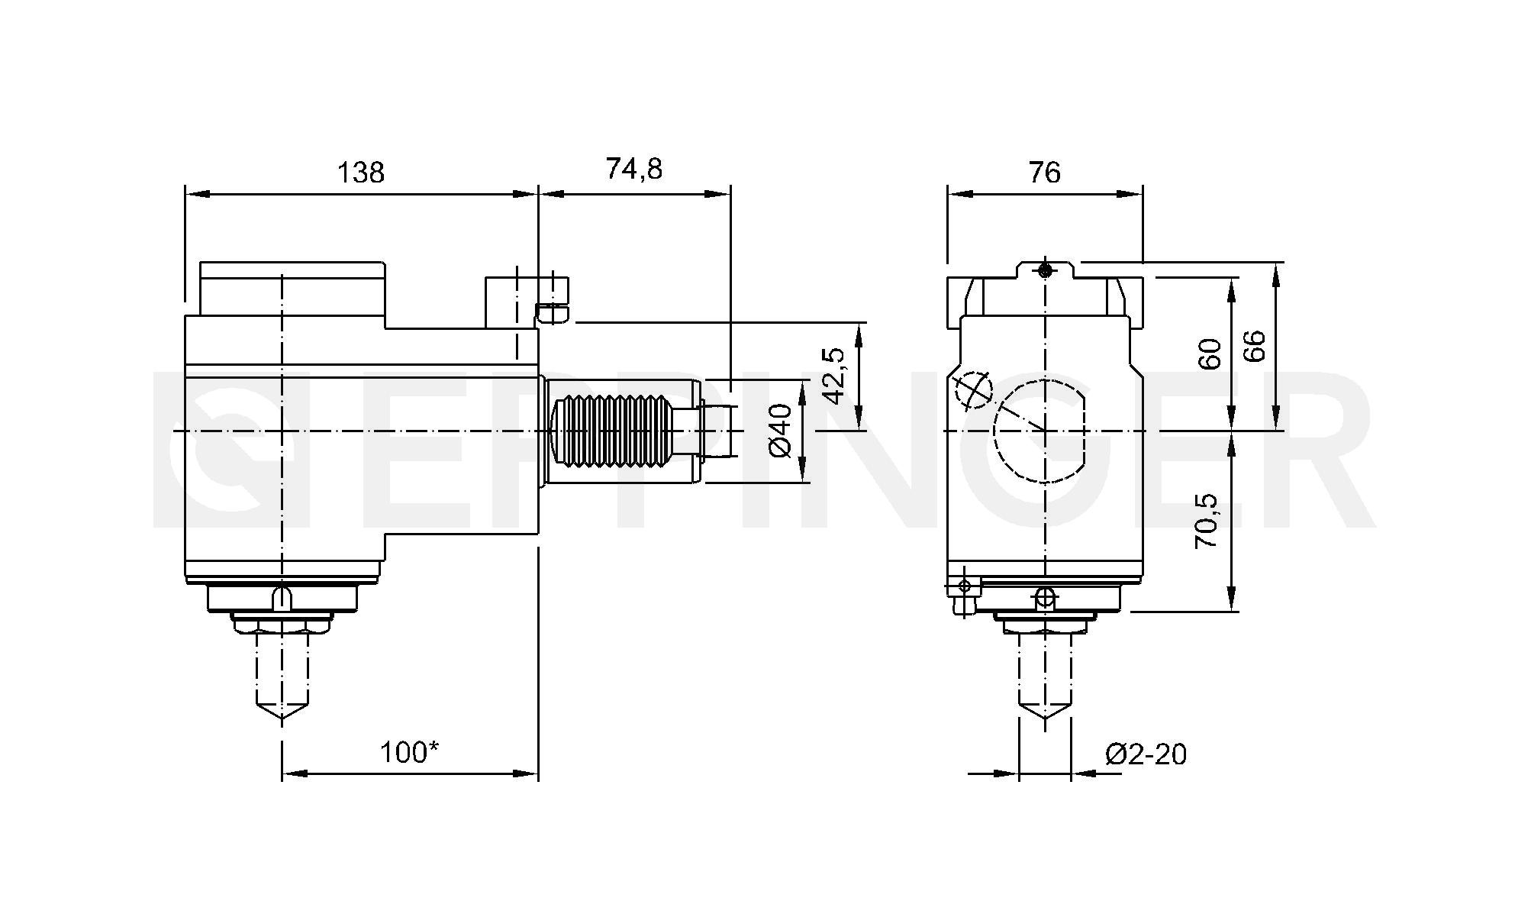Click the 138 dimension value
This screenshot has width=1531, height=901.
coord(361,173)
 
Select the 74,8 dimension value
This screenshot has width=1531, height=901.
coord(633,169)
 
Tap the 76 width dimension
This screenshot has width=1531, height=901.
coord(1044,173)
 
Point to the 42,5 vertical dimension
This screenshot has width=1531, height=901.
coord(834,376)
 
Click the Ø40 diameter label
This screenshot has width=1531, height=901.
coord(781,431)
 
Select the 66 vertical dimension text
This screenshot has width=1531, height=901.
coord(1254,346)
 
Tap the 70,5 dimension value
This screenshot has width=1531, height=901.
coord(1207,521)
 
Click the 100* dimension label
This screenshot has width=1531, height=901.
coord(409,753)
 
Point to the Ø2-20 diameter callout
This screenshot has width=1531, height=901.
coord(1146,754)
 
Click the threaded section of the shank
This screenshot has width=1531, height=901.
coord(615,431)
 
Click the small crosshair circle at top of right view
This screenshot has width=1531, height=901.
coord(1045,270)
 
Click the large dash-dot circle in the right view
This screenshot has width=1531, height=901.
coord(1039,431)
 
